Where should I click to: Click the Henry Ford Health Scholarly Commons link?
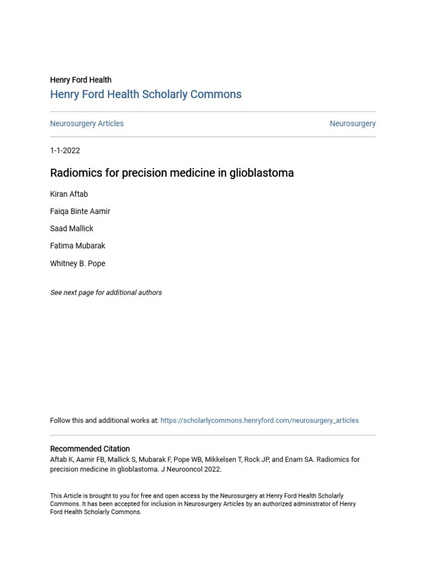pyautogui.click(x=145, y=94)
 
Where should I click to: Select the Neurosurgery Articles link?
pyautogui.click(x=87, y=124)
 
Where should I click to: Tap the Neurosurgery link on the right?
pyautogui.click(x=352, y=124)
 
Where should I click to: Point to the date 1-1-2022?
pyautogui.click(x=65, y=150)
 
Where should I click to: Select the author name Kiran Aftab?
pyautogui.click(x=69, y=194)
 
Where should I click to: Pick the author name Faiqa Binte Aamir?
pyautogui.click(x=80, y=211)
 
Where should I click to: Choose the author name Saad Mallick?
pyautogui.click(x=72, y=229)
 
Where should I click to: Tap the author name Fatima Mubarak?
pyautogui.click(x=77, y=246)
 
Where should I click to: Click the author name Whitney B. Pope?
pyautogui.click(x=77, y=263)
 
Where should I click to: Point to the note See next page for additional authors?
pyautogui.click(x=106, y=292)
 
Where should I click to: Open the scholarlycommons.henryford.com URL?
pyautogui.click(x=260, y=420)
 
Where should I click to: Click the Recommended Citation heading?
pyautogui.click(x=90, y=449)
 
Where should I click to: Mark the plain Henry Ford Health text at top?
pyautogui.click(x=80, y=80)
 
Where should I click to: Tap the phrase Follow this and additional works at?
pyautogui.click(x=104, y=420)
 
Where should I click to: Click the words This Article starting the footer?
pyautogui.click(x=63, y=496)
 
